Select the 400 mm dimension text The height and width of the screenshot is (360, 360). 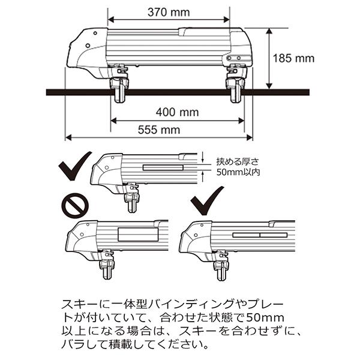point(177,112)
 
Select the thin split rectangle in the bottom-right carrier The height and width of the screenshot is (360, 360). point(259,234)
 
